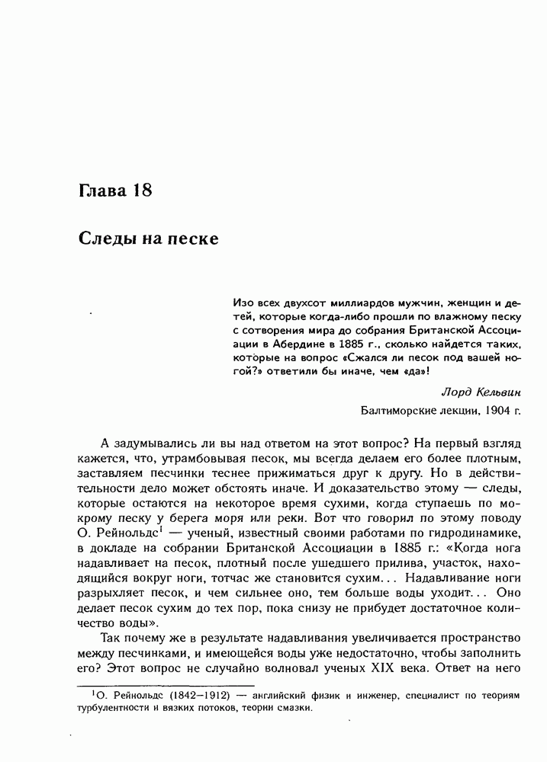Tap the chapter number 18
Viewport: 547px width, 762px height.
(x=141, y=190)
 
